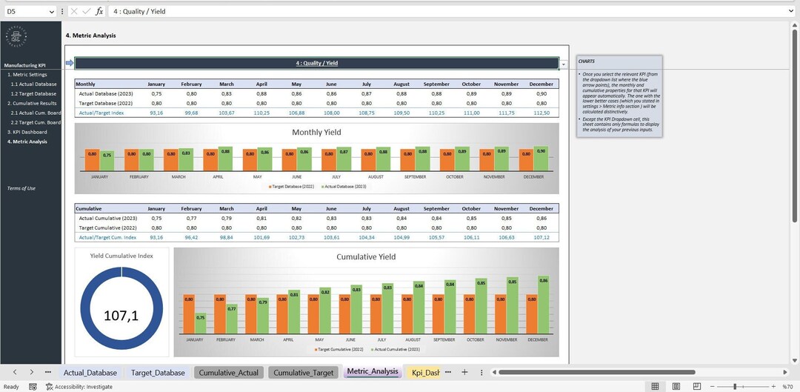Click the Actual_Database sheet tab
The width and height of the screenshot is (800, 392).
click(x=90, y=372)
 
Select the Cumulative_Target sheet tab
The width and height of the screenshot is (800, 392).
click(x=304, y=372)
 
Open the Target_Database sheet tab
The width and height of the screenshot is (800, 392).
click(x=158, y=372)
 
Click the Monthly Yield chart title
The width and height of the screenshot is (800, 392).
click(x=316, y=133)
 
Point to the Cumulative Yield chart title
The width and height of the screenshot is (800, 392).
click(x=366, y=257)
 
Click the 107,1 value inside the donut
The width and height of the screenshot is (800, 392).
click(x=121, y=315)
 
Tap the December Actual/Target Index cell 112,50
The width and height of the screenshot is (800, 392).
click(x=541, y=113)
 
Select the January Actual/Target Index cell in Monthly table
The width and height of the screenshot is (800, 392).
click(x=156, y=113)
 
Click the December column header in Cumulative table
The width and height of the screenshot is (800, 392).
click(x=541, y=209)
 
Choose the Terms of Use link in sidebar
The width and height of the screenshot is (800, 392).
click(x=21, y=188)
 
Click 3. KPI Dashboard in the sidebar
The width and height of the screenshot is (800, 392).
click(x=27, y=132)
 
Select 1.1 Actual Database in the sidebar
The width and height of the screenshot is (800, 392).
click(x=33, y=84)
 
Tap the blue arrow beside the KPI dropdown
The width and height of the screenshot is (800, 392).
click(x=70, y=63)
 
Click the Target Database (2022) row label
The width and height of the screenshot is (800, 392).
click(x=108, y=103)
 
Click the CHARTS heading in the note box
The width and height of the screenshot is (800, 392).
click(x=587, y=62)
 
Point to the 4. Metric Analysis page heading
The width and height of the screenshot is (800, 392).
click(x=91, y=35)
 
